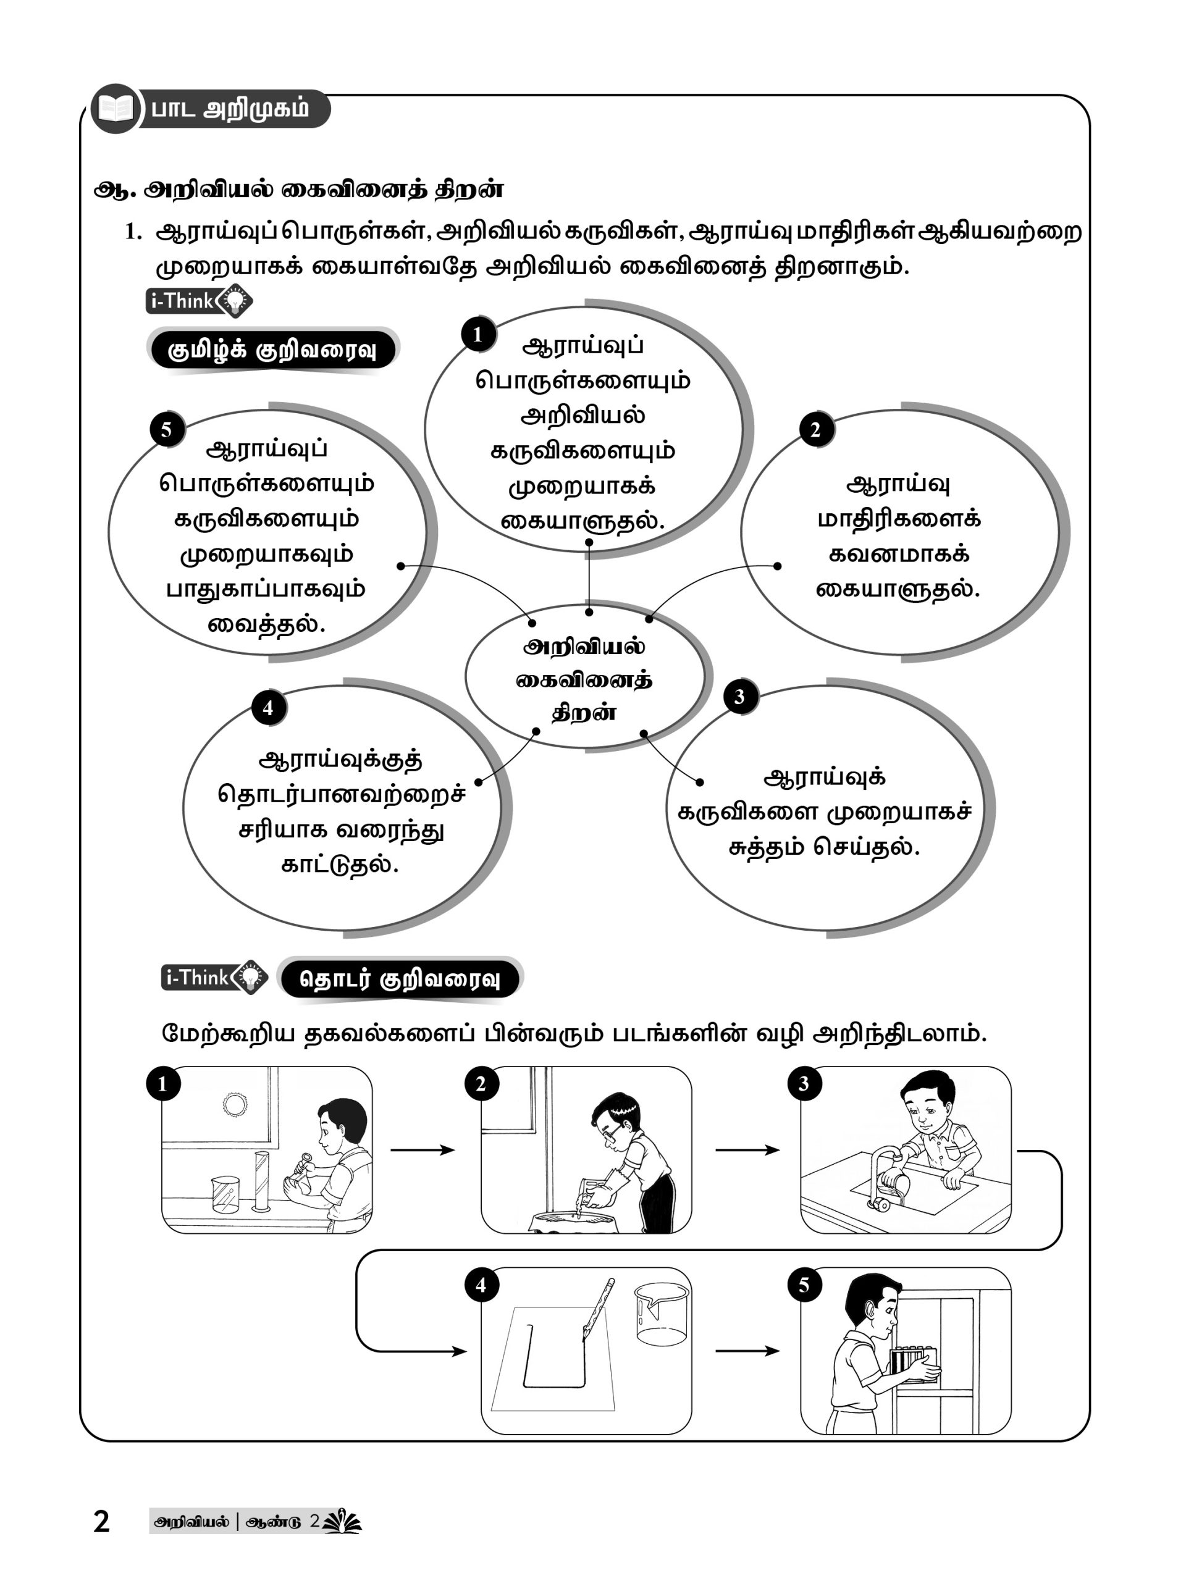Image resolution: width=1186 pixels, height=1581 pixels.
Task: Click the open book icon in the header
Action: point(114,109)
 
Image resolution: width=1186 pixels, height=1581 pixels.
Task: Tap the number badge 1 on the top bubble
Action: point(477,333)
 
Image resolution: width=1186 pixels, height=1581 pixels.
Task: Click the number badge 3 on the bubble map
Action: point(739,696)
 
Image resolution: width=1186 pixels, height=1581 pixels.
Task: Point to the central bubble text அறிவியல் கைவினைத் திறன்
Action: point(584,680)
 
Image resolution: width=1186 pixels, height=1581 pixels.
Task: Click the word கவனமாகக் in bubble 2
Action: point(899,554)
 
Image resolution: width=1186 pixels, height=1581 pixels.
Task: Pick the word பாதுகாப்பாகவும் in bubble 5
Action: point(266,589)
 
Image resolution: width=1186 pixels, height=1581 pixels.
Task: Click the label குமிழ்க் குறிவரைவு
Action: point(272,350)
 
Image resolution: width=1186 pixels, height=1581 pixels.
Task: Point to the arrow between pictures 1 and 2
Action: point(423,1150)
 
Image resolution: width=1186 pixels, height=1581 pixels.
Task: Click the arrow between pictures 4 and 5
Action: point(747,1351)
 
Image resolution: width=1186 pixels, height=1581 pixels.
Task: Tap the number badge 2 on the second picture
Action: point(481,1084)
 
